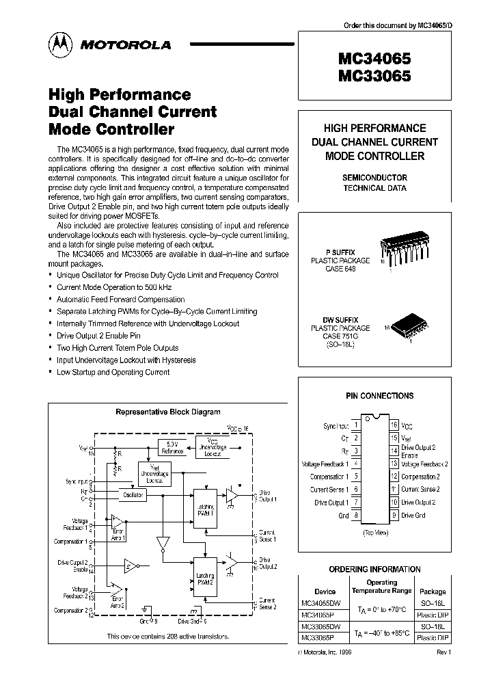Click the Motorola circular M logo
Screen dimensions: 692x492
60,44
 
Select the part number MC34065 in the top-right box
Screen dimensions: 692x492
374,59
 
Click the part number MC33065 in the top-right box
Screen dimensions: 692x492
374,77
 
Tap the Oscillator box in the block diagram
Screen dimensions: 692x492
132,494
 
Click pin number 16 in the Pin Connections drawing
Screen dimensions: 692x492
394,425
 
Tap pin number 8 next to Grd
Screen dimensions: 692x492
355,516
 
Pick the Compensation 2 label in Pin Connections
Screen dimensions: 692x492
420,477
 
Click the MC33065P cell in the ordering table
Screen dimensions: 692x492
320,637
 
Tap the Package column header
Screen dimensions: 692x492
432,591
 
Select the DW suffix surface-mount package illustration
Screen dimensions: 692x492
409,330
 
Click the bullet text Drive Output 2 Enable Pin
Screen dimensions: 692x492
98,336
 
